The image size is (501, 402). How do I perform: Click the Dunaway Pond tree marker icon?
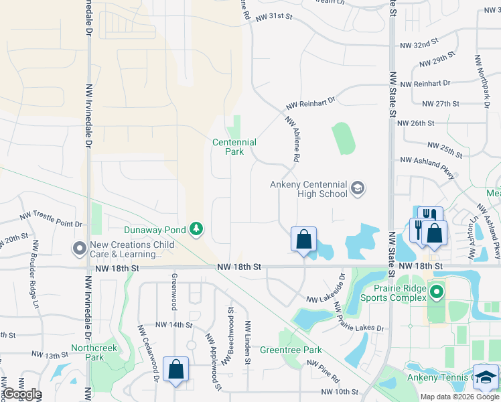(x=196, y=230)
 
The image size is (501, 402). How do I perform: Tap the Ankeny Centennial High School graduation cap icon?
(x=358, y=188)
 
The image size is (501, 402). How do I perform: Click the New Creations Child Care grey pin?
(x=80, y=249)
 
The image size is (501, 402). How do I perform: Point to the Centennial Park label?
(x=234, y=147)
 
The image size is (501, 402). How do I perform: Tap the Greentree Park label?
(x=291, y=350)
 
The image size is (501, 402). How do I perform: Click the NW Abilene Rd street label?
(x=291, y=139)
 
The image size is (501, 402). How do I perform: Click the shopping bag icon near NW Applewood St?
(x=175, y=370)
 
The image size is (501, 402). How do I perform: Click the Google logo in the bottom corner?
(x=21, y=394)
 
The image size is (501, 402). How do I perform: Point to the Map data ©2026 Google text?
(x=459, y=397)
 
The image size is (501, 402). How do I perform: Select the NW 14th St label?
(x=173, y=325)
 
